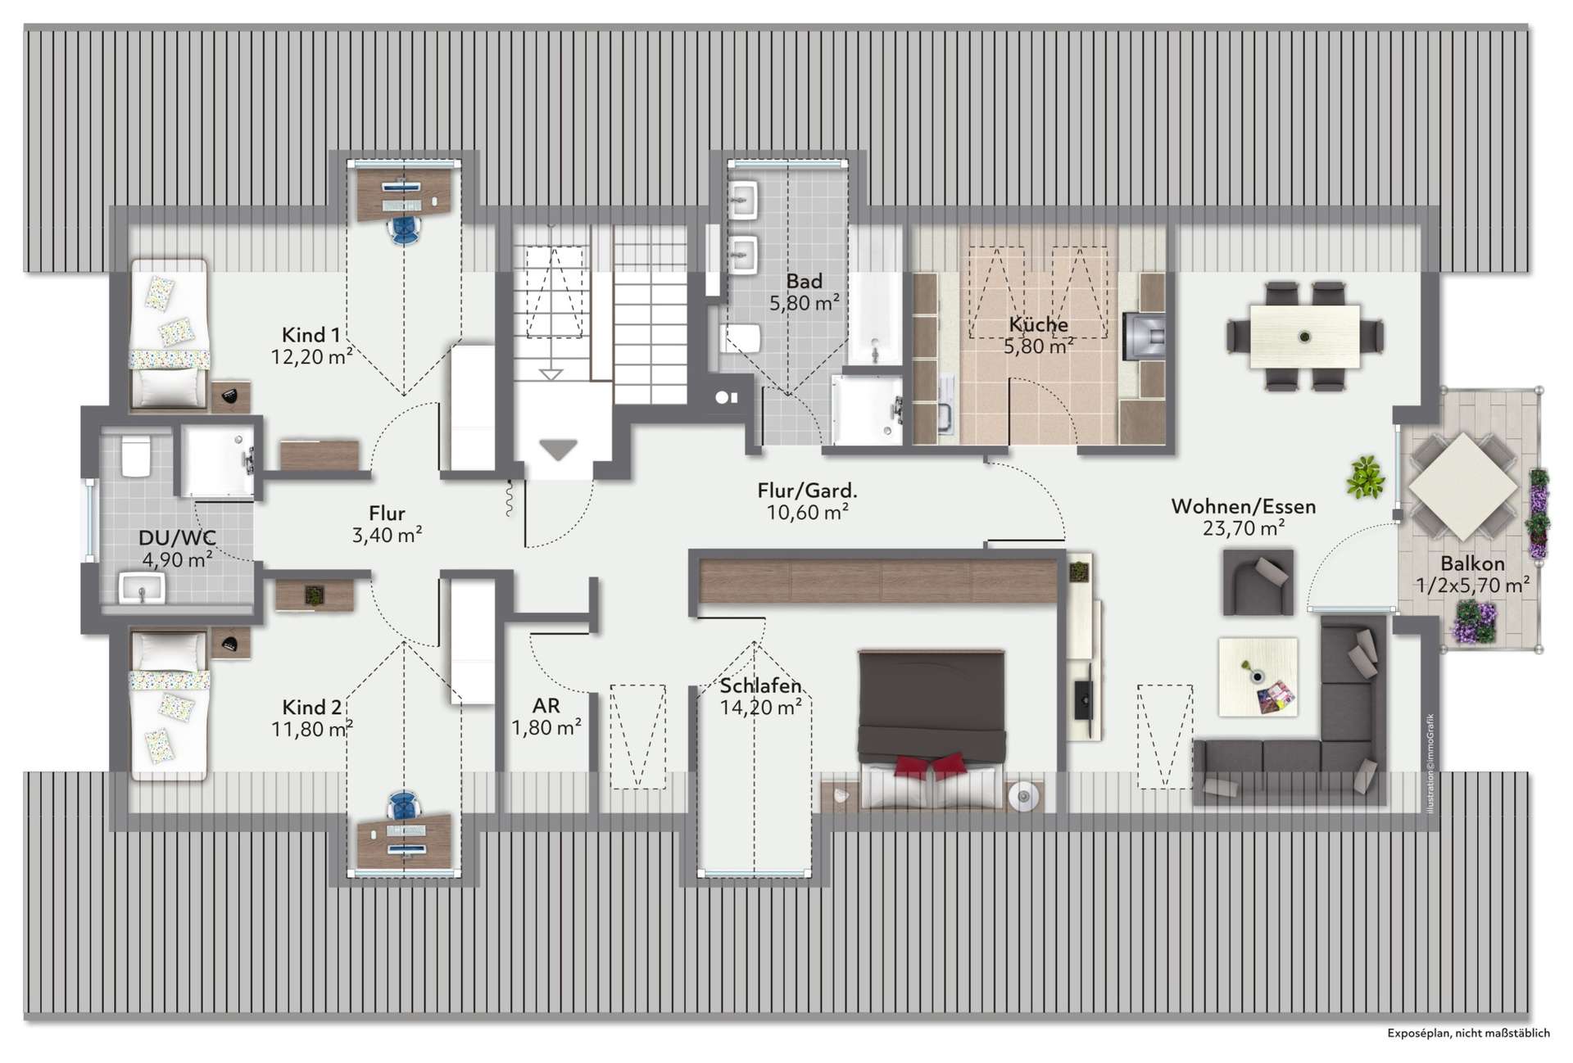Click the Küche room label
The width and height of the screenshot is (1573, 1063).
point(1038,324)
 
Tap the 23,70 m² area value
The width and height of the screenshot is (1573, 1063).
point(1243,528)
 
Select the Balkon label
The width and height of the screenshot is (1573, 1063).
point(1472,563)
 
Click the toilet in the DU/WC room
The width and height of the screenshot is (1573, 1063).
point(135,456)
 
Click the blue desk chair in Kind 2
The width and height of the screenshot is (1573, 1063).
point(404,806)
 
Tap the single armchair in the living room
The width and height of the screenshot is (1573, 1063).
point(1258,581)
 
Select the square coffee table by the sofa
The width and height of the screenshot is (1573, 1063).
point(1258,677)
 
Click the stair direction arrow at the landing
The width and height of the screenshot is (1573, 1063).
point(558,450)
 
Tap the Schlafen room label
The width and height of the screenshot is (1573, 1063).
point(760,685)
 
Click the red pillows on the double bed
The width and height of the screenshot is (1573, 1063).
point(931,766)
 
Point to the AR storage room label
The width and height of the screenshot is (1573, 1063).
point(546,706)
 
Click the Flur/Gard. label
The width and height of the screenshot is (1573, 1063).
point(807,491)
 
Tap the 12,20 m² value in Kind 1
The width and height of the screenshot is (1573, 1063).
point(312,355)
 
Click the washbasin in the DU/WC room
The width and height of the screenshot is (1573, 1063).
point(143,588)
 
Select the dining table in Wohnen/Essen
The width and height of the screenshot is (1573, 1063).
point(1305,337)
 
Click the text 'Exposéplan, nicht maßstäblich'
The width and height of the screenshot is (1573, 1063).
point(1468,1034)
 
